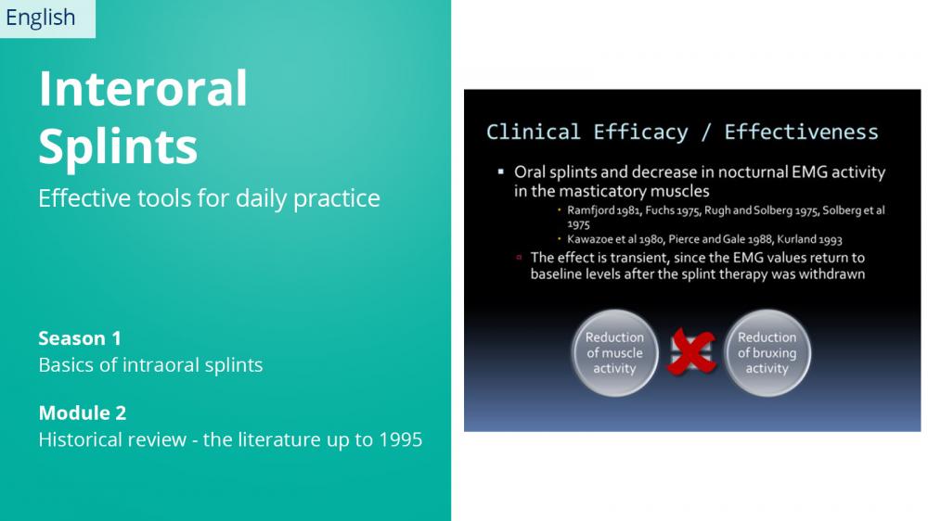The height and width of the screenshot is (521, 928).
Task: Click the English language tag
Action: pos(40,18)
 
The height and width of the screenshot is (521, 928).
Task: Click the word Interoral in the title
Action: pos(143,88)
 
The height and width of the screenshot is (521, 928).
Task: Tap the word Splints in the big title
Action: pos(118,147)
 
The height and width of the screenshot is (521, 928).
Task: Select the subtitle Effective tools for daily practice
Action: pos(209,198)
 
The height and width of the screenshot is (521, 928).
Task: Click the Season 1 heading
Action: pos(80,338)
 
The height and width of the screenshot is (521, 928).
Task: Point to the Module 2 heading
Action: pos(83,413)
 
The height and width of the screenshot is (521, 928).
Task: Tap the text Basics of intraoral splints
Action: pos(150,365)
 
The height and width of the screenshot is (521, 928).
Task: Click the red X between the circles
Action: pos(690,352)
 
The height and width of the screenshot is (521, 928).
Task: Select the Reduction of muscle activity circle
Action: pos(614,353)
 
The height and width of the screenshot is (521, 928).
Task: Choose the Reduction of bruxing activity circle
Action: pos(767,353)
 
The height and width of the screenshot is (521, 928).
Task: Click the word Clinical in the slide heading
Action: pos(533,132)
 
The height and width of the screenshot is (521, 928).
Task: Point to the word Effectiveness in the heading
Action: pos(802,132)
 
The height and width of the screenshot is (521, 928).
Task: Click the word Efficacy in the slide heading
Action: pos(640,133)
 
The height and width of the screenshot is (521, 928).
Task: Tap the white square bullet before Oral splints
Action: pos(501,172)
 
